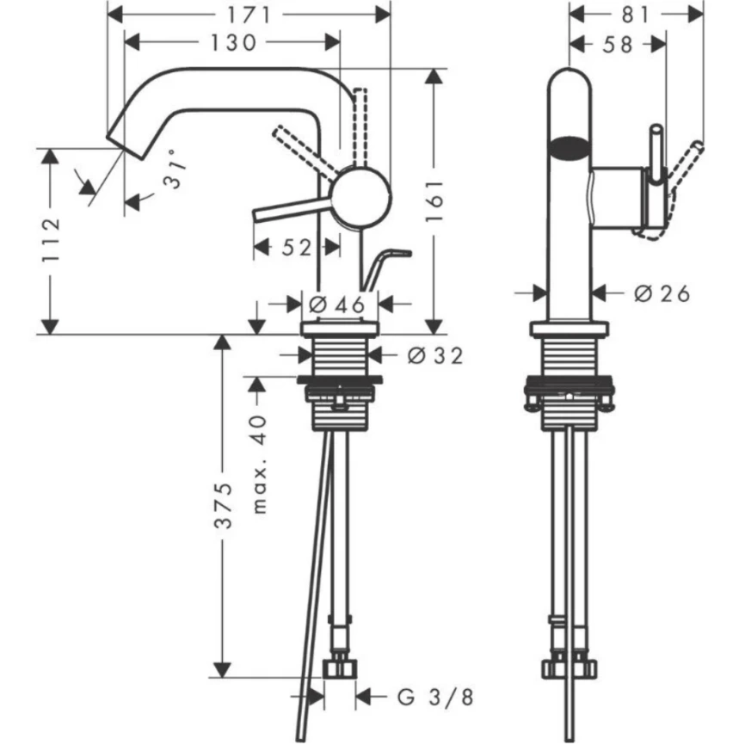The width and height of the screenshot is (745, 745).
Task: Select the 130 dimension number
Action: [231, 42]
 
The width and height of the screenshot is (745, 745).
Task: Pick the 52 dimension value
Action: [295, 248]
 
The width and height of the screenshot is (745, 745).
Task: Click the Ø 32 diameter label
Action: [435, 354]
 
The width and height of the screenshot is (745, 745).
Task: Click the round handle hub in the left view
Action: [360, 197]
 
